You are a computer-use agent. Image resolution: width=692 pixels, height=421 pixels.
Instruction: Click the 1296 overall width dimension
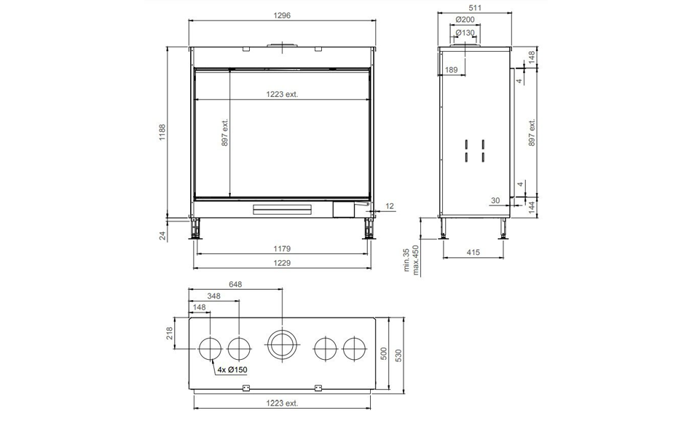tap(282, 15)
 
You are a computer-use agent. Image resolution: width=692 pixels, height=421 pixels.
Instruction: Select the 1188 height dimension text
tap(162, 133)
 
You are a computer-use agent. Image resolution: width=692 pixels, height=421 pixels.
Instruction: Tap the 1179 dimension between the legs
tap(282, 249)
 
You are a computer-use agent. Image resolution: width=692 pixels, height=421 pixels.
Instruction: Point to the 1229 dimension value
tap(282, 263)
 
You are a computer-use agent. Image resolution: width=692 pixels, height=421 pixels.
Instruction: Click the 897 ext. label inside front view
tap(225, 133)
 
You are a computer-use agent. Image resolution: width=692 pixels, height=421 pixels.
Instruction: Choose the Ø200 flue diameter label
tap(465, 20)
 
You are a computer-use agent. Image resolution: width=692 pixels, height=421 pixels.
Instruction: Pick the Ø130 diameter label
tap(465, 33)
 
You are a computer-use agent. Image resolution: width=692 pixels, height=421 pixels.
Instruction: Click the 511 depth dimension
tap(476, 7)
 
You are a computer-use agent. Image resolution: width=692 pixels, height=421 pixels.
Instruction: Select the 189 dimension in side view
tap(452, 70)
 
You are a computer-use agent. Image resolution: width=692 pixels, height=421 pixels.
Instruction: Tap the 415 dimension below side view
tap(473, 253)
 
